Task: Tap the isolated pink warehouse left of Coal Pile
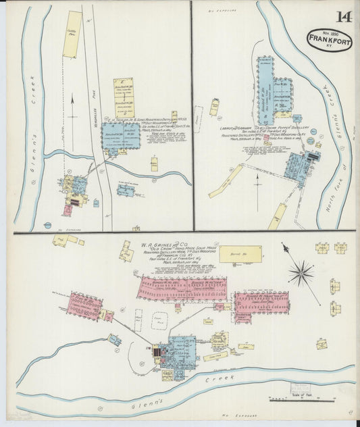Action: [84, 305]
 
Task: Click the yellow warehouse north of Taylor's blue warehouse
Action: [124, 99]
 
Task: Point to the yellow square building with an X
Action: [322, 344]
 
